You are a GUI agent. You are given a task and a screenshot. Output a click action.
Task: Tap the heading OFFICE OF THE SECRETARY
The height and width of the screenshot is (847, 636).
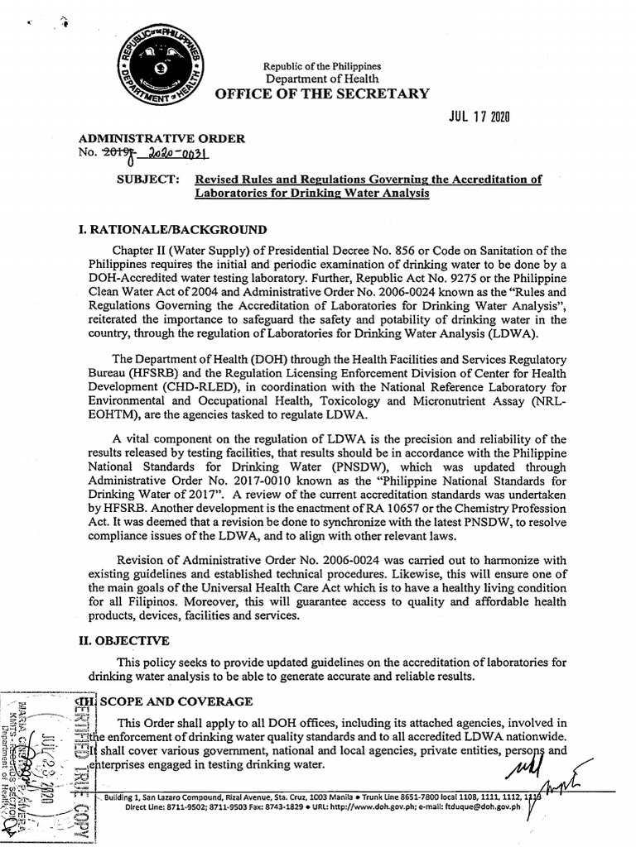[322, 93]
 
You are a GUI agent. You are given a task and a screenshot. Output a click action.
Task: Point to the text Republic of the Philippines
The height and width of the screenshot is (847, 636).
[322, 66]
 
